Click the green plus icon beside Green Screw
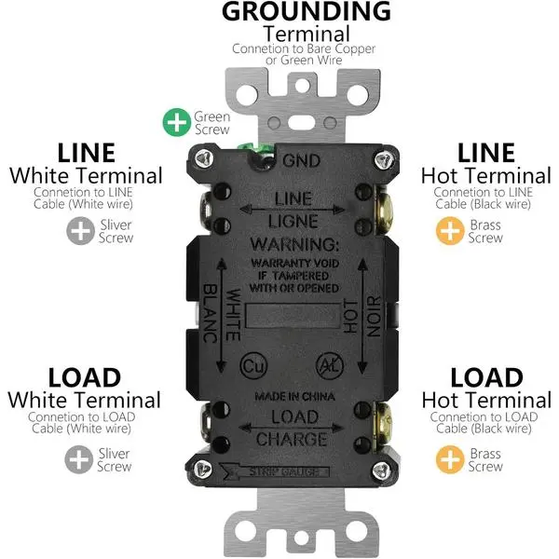pos(177,122)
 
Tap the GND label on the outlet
pos(301,161)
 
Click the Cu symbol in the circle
pos(253,365)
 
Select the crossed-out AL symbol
pos(330,365)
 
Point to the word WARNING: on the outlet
pos(294,244)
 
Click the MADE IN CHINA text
pos(294,397)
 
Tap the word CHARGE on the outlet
pos(292,440)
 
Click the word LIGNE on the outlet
pos(293,222)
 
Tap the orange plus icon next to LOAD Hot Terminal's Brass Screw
pos(450,459)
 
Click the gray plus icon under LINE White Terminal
pos(80,231)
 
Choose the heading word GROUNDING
pos(307,11)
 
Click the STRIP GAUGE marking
pos(284,471)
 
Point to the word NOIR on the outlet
pos(374,316)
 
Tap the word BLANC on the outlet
pos(211,313)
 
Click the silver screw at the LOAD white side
pos(206,423)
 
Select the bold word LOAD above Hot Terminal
pos(486,377)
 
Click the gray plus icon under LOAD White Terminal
pos(79,459)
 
